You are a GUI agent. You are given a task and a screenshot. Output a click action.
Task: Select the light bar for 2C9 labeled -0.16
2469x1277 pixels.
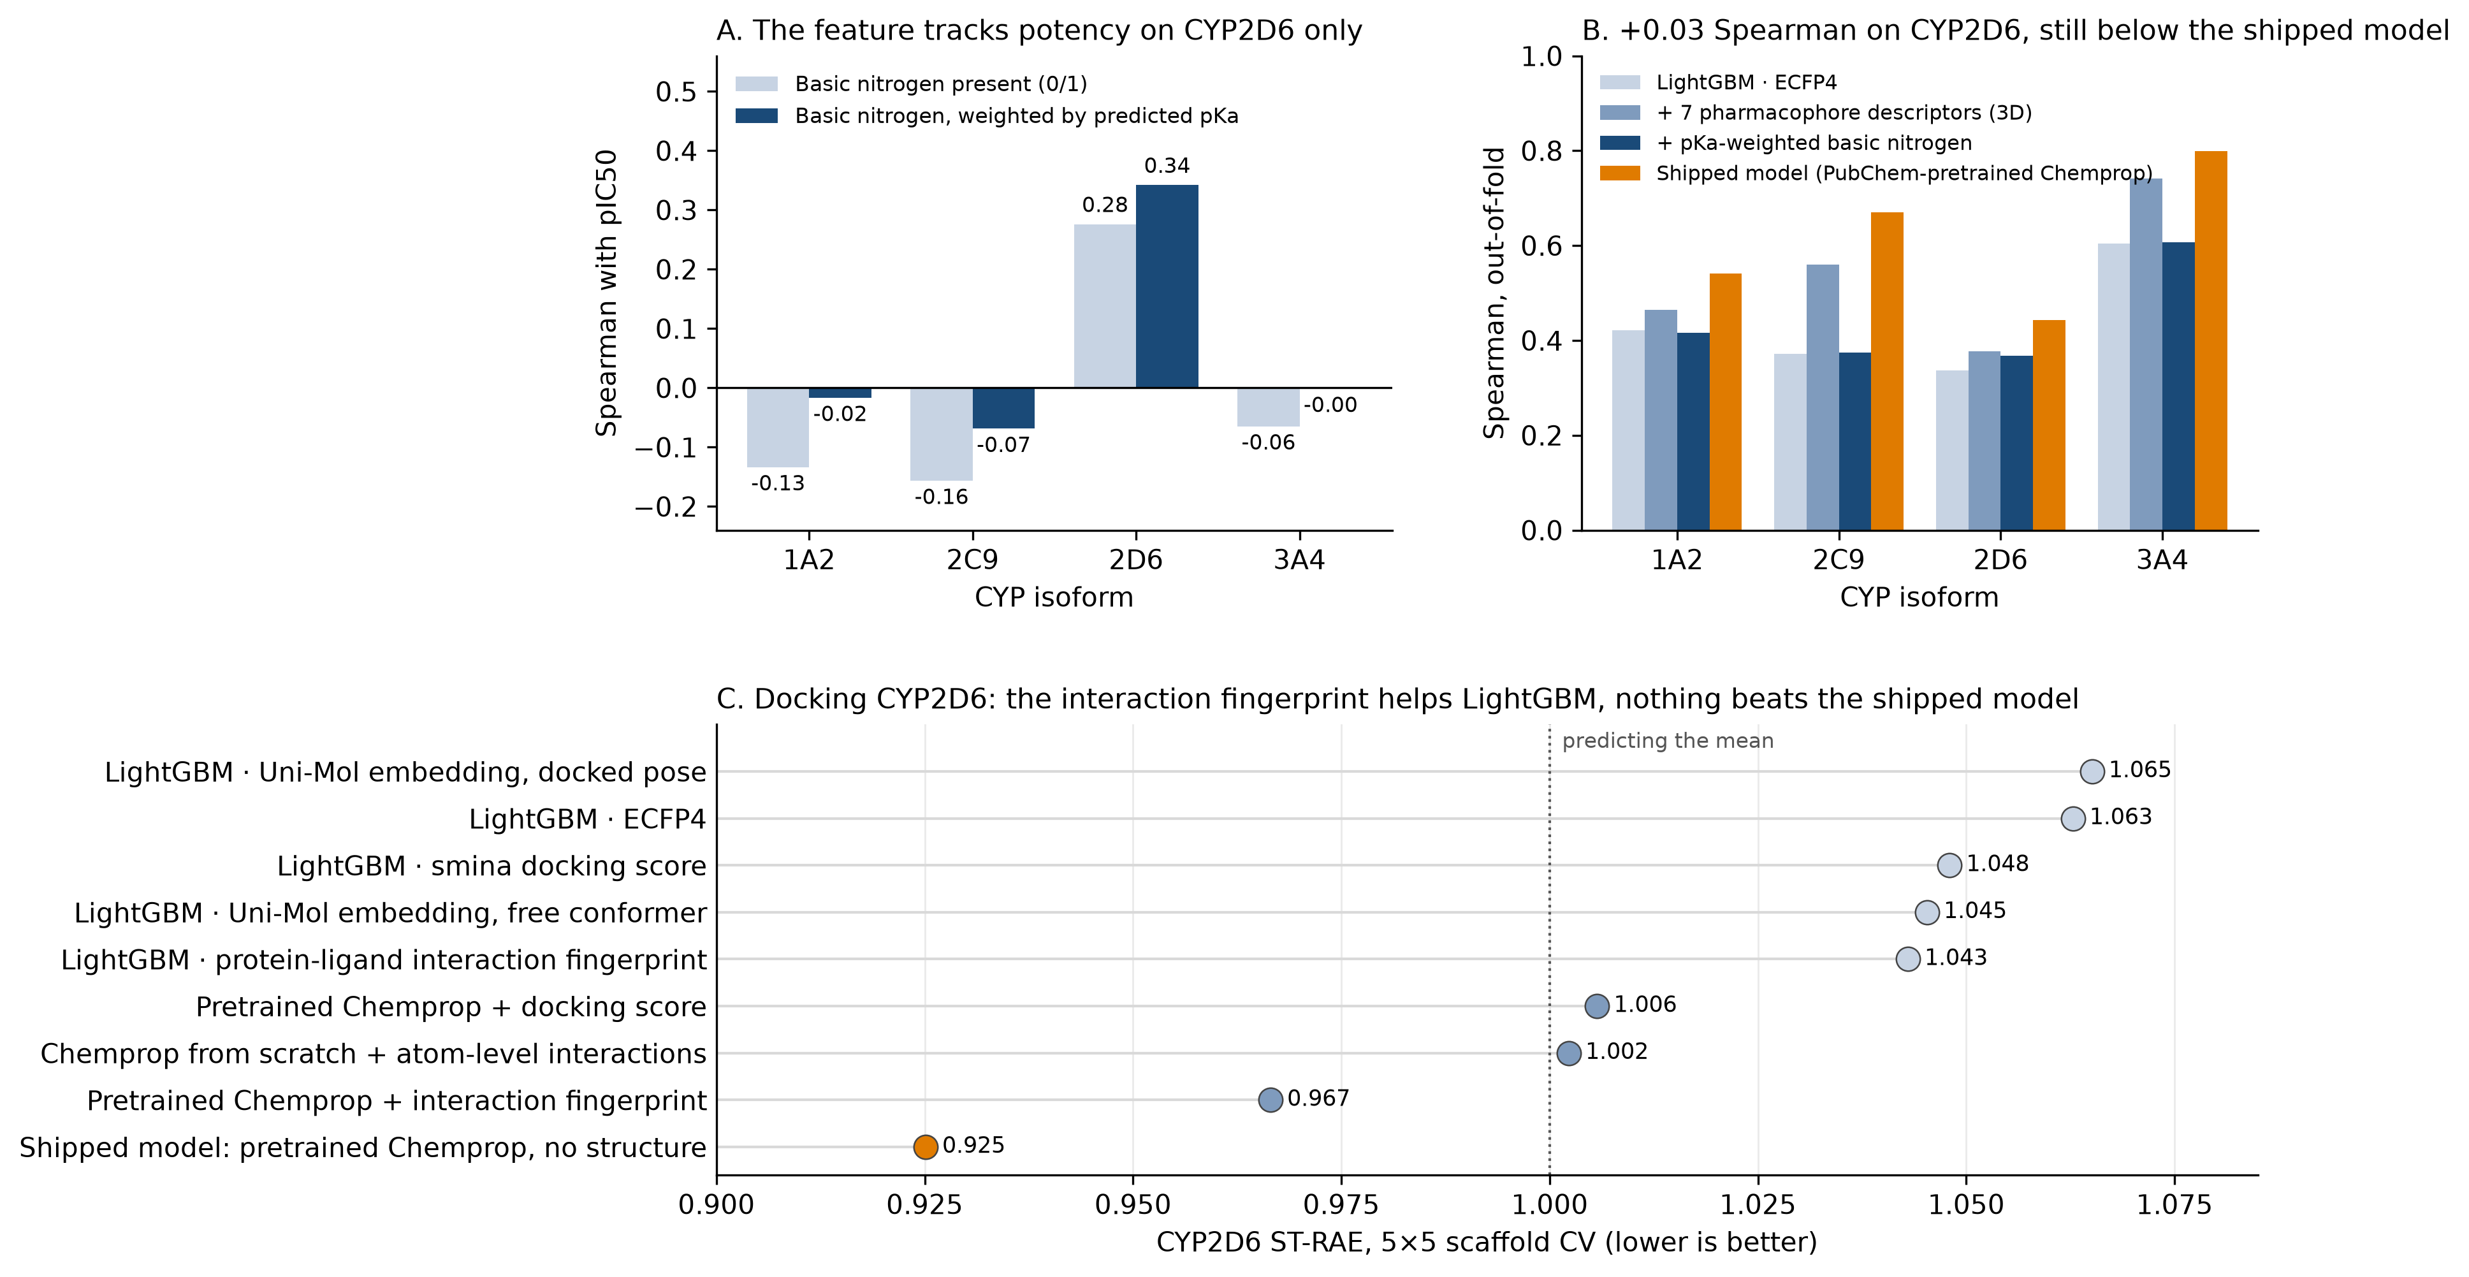point(941,434)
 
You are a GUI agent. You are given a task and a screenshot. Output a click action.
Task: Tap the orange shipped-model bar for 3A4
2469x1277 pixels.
point(2210,340)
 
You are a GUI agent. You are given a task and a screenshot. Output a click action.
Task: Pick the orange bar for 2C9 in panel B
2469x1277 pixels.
point(1886,371)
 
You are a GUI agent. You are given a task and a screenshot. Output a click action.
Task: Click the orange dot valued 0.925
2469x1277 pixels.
point(925,1146)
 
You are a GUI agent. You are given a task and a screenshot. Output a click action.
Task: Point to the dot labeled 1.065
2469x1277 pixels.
point(2092,771)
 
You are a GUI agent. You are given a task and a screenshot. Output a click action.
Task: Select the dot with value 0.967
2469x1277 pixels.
point(1270,1100)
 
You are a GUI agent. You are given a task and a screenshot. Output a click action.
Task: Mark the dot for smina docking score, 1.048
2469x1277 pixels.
point(1949,865)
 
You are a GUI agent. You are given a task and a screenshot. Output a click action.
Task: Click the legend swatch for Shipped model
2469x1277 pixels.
point(1620,173)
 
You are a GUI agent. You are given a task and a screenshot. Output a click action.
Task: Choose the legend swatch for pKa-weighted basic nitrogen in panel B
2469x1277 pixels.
point(1620,143)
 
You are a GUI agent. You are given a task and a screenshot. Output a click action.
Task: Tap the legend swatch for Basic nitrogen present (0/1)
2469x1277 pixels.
point(756,84)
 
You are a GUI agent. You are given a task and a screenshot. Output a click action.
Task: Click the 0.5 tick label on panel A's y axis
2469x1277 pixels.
point(676,92)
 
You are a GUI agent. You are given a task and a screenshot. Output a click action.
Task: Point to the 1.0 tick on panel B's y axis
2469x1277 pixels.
point(1541,57)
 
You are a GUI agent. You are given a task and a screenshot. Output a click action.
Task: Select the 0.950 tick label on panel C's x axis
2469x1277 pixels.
point(1133,1205)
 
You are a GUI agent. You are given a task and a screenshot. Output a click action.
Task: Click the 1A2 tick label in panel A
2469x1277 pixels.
point(809,560)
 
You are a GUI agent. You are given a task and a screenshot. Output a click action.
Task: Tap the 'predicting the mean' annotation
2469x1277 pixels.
point(1668,741)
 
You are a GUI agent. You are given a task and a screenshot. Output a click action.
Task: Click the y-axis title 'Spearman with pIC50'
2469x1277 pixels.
point(607,293)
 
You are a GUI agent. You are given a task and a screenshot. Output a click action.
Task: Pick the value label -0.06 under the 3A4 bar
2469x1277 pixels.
point(1268,443)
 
